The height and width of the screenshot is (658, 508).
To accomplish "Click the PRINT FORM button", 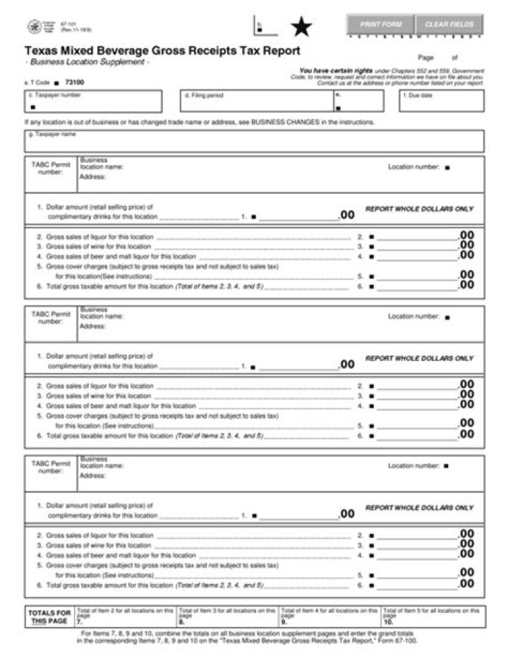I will pos(380,24).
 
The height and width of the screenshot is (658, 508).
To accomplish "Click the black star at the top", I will pos(301,28).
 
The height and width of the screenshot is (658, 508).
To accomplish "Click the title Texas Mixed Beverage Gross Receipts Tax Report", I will pos(162,51).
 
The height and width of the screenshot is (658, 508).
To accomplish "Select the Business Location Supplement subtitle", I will pos(87,62).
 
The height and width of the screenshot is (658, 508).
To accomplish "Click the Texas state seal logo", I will pos(34,27).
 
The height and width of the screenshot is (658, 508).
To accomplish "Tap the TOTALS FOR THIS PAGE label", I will pos(49,617).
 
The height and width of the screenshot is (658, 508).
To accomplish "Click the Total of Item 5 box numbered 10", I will pos(433,617).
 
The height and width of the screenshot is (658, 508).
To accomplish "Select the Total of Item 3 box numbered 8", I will pos(227,617).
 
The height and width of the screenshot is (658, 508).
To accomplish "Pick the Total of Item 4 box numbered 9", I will pos(329,617).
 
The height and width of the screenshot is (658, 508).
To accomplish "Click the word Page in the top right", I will pos(425,58).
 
